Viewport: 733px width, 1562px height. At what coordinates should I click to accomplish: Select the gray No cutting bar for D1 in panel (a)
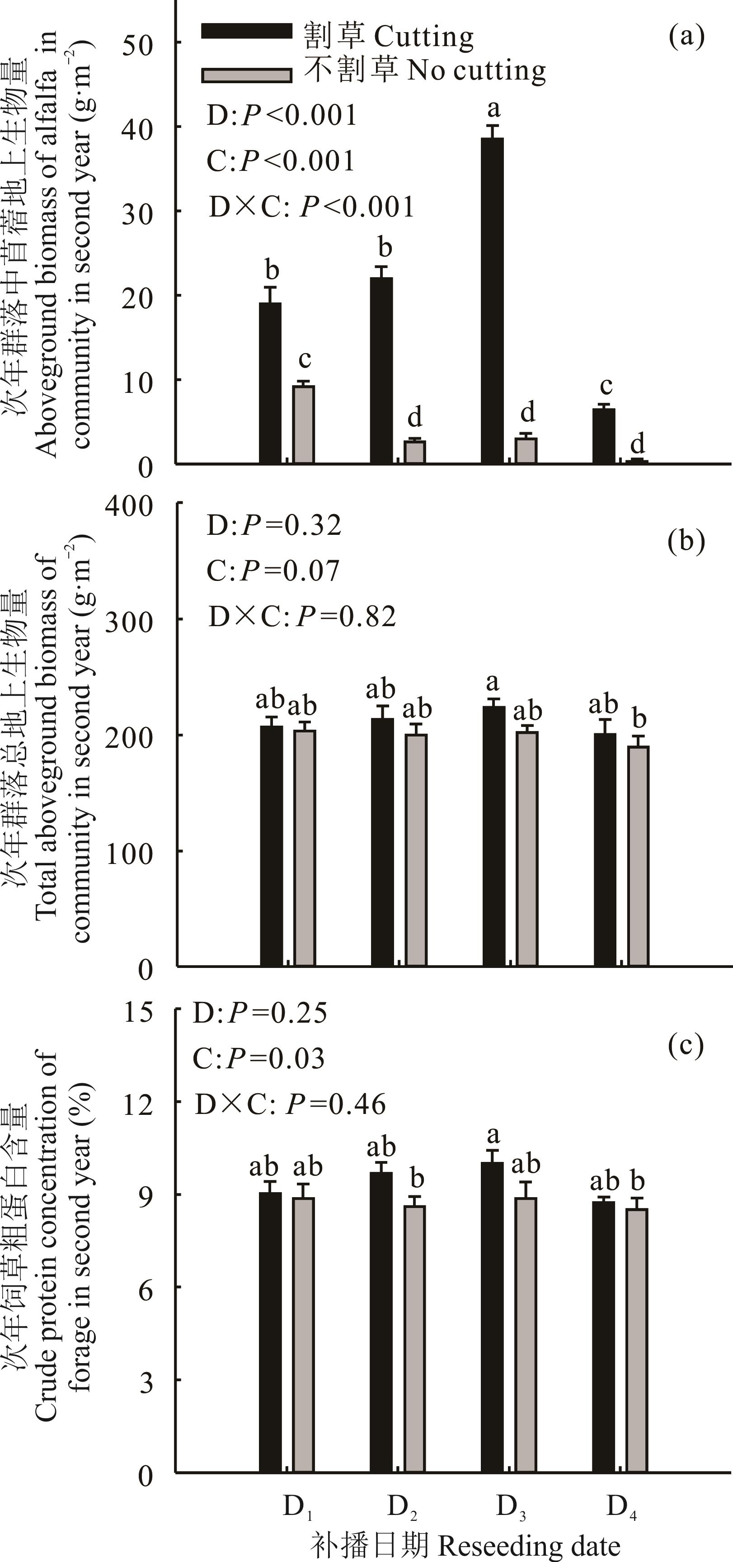click(x=303, y=425)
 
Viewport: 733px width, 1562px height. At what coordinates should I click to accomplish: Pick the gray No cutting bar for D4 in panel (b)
click(x=638, y=855)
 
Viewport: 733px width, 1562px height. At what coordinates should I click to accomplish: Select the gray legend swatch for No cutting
click(x=247, y=75)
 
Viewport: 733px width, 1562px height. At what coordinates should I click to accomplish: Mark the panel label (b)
click(x=686, y=540)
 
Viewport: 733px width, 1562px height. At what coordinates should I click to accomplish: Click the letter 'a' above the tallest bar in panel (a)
click(x=493, y=109)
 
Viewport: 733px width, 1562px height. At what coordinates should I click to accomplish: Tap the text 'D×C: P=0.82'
click(x=302, y=617)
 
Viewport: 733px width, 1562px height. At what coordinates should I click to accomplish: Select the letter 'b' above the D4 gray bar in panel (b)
click(x=639, y=719)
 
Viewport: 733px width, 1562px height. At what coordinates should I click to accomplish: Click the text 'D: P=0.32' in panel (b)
click(x=274, y=525)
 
